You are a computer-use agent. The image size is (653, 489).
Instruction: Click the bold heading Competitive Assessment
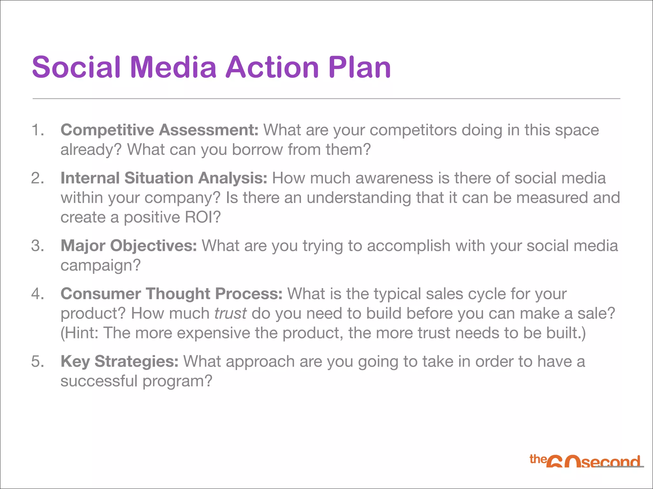(x=159, y=130)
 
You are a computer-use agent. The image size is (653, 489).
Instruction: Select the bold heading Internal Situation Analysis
(x=164, y=178)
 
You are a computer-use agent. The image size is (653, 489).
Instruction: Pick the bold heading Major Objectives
(x=129, y=246)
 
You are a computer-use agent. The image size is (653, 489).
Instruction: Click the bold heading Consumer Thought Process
(x=172, y=294)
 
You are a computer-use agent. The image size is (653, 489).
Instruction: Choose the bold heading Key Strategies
(x=120, y=361)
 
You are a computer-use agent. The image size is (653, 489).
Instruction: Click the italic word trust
(x=230, y=313)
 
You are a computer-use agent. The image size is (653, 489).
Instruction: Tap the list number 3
(x=37, y=246)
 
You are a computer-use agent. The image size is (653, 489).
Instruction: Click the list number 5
(x=37, y=361)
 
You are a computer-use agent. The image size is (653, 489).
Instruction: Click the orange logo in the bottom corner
(x=585, y=461)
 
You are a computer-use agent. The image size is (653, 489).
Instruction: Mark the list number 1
(x=37, y=130)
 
